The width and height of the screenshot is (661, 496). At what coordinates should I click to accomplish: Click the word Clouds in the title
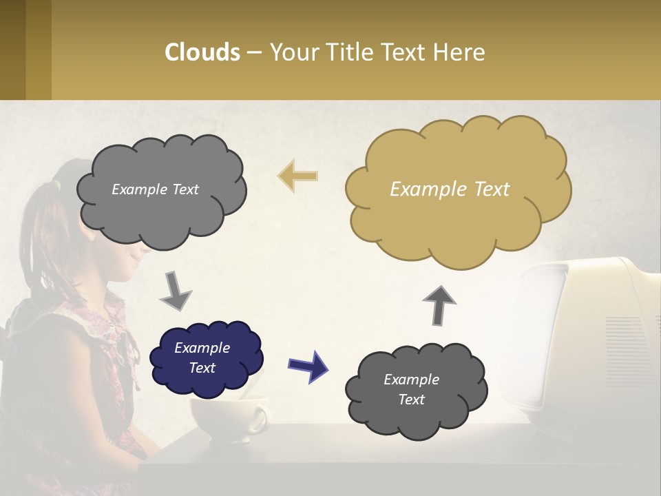click(202, 52)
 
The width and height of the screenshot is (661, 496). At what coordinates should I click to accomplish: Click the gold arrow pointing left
click(297, 176)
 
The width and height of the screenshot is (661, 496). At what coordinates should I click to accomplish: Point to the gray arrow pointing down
click(176, 291)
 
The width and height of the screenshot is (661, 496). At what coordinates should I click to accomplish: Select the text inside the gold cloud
click(450, 189)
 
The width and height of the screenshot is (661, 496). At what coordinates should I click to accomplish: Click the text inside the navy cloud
click(202, 358)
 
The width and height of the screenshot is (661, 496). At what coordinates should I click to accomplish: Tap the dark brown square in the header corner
click(12, 50)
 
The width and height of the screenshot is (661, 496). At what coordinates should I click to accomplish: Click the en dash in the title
click(254, 53)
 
